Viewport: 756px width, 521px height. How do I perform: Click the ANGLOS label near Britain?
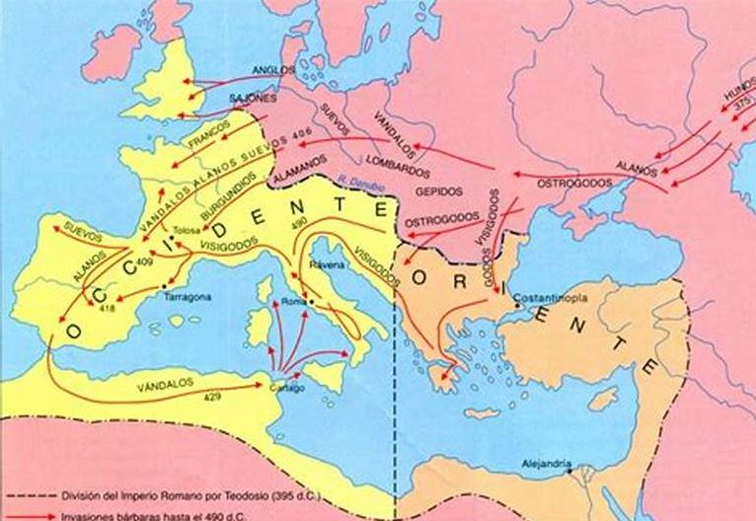coord(267,70)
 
